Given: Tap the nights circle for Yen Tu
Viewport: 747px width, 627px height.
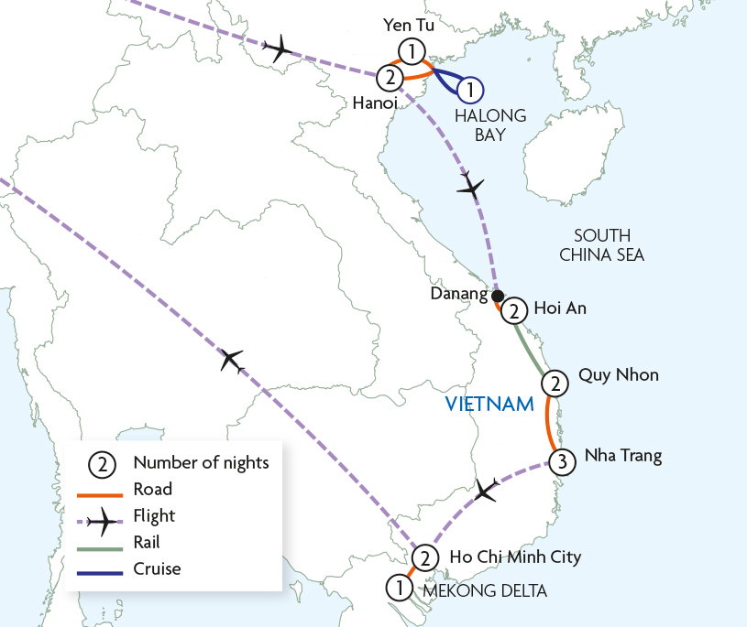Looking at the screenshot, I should (x=412, y=51).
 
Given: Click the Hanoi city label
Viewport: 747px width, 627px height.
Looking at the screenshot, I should (x=374, y=104).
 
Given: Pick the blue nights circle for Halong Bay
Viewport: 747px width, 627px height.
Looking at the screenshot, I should (x=469, y=90).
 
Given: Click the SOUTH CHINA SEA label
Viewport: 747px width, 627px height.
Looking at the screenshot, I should (x=602, y=244).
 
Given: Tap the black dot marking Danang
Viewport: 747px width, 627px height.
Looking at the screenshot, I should (x=497, y=297).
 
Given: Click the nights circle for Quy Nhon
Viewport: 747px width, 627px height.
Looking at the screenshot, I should (x=553, y=383).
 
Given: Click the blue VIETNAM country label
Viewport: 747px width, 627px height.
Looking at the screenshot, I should (x=489, y=404).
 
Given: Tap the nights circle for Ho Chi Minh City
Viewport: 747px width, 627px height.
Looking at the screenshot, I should (x=424, y=557).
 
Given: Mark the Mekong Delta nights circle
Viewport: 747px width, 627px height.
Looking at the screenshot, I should (x=399, y=587).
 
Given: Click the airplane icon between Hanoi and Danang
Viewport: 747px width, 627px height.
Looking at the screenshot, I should (x=471, y=188).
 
